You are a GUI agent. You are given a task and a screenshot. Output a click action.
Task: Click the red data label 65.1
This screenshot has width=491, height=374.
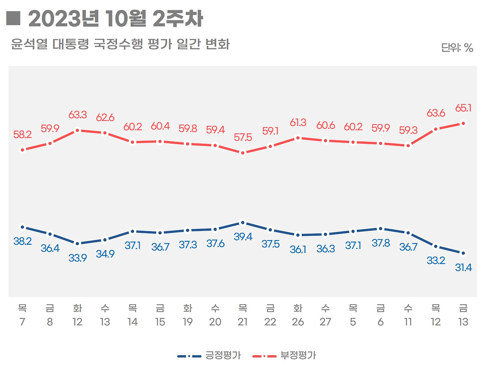(x=463, y=109)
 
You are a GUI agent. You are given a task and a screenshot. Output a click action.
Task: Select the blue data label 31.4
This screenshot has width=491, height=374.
(x=463, y=268)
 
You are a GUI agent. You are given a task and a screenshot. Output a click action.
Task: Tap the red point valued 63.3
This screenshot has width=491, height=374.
(x=77, y=130)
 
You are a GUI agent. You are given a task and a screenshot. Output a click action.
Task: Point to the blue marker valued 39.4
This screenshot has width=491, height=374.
(x=242, y=222)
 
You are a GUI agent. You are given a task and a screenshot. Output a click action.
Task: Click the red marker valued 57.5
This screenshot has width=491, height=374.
(x=242, y=153)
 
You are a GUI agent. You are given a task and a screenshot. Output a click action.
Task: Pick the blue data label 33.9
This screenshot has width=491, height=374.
(x=77, y=258)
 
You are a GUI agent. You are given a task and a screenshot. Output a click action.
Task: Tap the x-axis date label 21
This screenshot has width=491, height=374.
(x=242, y=322)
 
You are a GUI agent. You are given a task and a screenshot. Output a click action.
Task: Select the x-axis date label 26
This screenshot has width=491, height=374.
(x=298, y=322)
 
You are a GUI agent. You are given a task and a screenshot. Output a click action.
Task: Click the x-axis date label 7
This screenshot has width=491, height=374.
(x=22, y=322)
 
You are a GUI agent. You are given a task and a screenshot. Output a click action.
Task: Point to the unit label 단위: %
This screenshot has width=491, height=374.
(x=457, y=48)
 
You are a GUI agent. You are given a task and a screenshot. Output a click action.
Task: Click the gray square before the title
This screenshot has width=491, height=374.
(x=13, y=18)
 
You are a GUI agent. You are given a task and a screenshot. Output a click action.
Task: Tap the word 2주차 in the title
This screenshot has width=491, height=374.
(x=178, y=18)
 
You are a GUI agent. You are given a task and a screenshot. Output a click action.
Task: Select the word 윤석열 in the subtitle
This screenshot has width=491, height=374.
(x=29, y=44)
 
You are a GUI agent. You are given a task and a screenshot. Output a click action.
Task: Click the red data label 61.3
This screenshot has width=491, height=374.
(x=298, y=123)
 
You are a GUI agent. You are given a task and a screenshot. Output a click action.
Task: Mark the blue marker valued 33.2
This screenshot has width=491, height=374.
(x=435, y=246)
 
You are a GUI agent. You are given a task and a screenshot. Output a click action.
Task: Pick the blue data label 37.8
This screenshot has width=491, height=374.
(x=381, y=243)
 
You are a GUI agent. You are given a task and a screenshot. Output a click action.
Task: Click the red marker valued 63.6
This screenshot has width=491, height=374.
(x=435, y=129)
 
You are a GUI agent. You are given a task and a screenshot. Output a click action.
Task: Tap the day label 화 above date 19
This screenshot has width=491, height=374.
(x=188, y=308)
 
